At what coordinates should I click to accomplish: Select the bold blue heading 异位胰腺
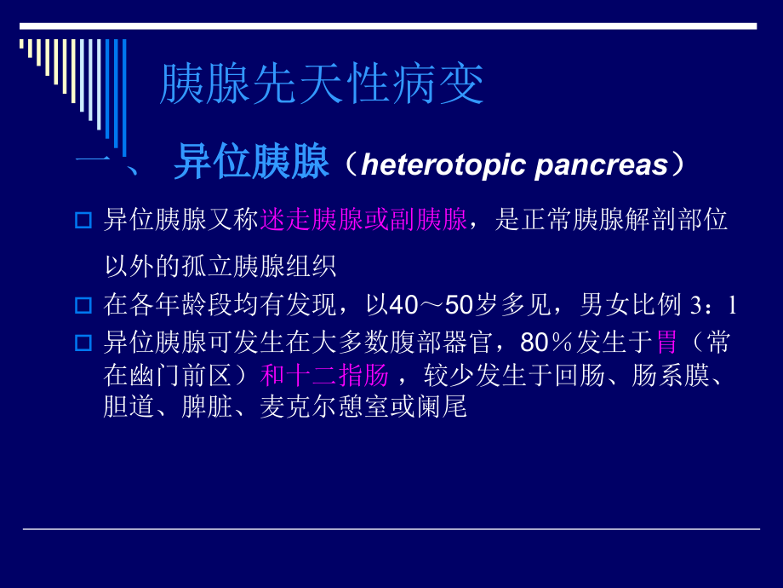point(251,163)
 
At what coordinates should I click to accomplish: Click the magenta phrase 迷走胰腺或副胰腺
point(363,221)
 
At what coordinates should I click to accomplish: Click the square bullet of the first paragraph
point(83,221)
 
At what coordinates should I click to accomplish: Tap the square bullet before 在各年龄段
point(83,303)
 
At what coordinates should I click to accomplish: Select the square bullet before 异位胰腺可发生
point(83,343)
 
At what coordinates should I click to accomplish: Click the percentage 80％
point(541,343)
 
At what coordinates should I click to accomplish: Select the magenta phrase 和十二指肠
point(324,375)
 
